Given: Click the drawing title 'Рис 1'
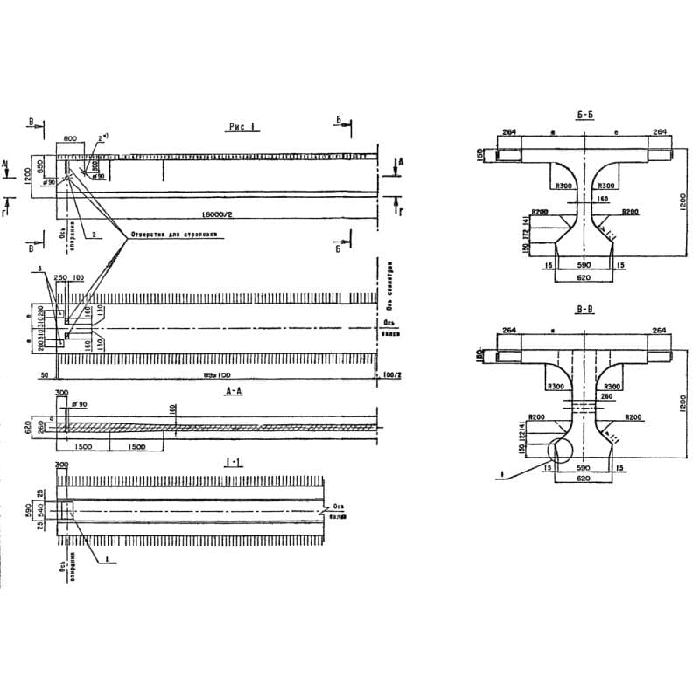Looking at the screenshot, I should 241,127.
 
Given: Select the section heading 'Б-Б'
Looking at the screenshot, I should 586,115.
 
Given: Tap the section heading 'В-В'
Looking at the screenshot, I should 586,310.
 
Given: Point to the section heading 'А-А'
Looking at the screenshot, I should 234,392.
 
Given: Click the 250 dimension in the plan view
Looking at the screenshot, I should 60,277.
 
